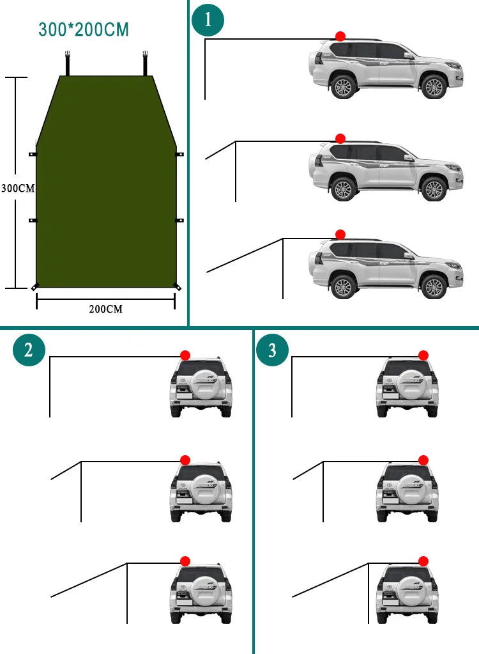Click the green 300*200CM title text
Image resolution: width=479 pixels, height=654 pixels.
tap(83, 29)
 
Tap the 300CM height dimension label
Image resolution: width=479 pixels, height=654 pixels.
tap(17, 189)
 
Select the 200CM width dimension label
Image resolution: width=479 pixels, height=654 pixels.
tap(105, 309)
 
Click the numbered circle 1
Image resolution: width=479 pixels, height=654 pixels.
tap(208, 20)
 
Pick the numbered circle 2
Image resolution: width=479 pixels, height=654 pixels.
tap(29, 350)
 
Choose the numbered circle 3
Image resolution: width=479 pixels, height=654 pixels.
tap(272, 350)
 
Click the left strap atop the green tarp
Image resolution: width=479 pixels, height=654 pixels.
tap(66, 63)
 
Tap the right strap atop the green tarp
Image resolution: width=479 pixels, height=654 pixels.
tap(146, 63)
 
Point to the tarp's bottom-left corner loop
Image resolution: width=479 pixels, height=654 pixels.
tap(35, 286)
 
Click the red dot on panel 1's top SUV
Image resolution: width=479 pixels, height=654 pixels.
tap(340, 36)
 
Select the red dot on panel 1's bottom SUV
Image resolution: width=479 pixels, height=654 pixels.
tap(340, 235)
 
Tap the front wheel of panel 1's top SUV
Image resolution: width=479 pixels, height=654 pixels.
tap(434, 86)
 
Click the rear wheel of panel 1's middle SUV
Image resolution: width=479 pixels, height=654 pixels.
tap(344, 189)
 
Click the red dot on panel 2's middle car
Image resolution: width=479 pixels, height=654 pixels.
tap(185, 460)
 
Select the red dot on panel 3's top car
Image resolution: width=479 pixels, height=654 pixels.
tap(423, 355)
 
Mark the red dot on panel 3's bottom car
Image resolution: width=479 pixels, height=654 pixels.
tap(423, 561)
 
